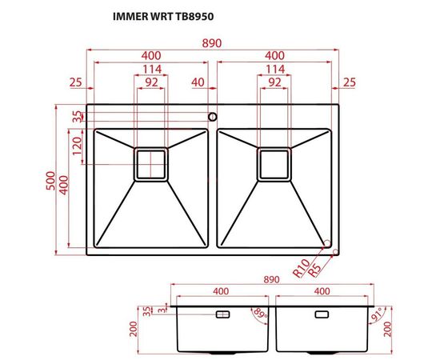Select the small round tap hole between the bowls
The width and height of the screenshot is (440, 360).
pos(212,117)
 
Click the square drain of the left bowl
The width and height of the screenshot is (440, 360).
pos(150,163)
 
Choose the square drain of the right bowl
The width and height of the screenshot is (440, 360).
pos(274,163)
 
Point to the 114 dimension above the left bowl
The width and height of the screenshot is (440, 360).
pos(150,69)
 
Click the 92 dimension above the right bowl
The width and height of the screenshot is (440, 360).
pos(274,82)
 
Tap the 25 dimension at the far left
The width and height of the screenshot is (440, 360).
pos(76,82)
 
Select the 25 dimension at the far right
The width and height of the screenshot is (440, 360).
pos(349,82)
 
